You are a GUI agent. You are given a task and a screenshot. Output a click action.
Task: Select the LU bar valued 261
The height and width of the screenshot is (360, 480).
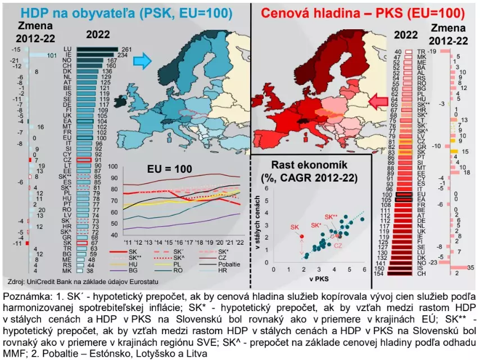pyautogui.click(x=96, y=49)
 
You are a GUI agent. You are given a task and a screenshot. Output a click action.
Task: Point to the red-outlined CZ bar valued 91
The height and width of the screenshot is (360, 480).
pyautogui.click(x=83, y=160)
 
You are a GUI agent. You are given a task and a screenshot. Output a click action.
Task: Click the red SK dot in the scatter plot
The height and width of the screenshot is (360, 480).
pyautogui.click(x=301, y=236)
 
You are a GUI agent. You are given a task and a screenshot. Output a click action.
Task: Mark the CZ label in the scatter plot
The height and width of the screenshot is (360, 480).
pyautogui.click(x=337, y=245)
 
